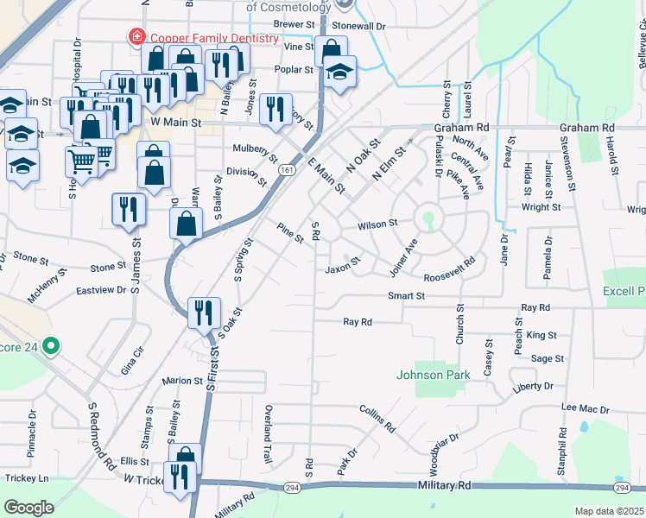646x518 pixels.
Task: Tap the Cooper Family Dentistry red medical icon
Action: [x=136, y=37]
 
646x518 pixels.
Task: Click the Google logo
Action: [x=28, y=508]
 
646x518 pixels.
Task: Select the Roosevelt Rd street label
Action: [x=451, y=270]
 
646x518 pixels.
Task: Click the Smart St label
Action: [x=407, y=295]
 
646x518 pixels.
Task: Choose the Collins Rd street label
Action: [x=377, y=420]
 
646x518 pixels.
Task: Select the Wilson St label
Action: [x=377, y=223]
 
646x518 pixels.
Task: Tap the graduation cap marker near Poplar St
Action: [x=341, y=74]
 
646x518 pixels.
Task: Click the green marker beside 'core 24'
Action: [x=51, y=347]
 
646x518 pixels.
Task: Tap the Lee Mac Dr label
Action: [x=585, y=408]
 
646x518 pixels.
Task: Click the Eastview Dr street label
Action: [x=102, y=291]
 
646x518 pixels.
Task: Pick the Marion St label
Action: [x=181, y=380]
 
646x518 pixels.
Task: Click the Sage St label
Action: [x=548, y=358]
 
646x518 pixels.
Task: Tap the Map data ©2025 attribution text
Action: [x=610, y=511]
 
